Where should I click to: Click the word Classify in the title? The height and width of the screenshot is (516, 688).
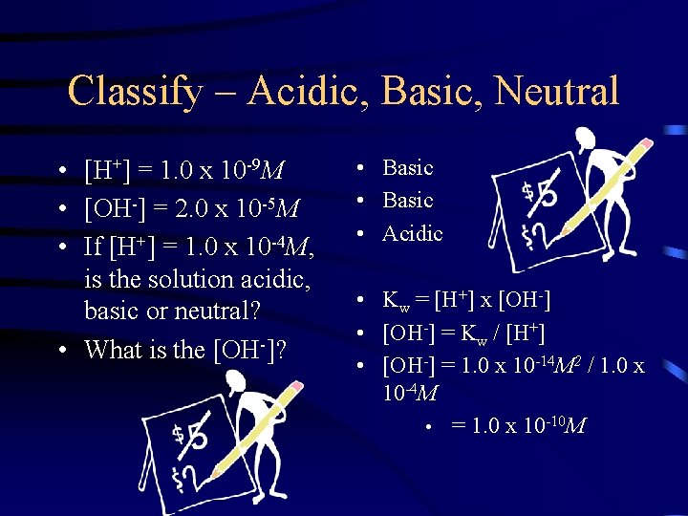point(135,93)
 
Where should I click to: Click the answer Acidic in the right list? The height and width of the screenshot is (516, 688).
point(413,234)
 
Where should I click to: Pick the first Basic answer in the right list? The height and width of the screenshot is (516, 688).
point(408,168)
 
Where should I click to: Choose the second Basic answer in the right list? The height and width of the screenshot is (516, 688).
point(408,201)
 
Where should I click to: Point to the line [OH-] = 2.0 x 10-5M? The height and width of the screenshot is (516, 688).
point(192,208)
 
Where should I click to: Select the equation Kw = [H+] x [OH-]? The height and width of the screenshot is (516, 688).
point(466,302)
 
